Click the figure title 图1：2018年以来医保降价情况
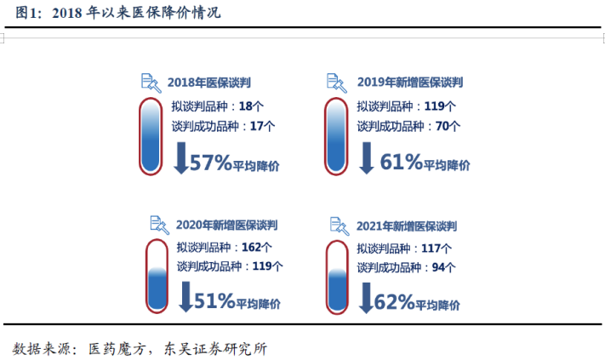tap(117, 13)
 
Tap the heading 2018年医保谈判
tap(208, 83)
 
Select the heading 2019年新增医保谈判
tap(410, 83)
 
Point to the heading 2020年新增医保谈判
tap(226, 225)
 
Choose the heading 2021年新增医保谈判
tap(406, 226)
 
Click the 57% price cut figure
tap(210, 162)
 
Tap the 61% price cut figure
tap(402, 162)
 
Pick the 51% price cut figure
tap(214, 300)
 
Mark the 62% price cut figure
tap(394, 302)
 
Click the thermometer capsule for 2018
tap(151, 136)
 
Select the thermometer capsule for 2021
tap(337, 277)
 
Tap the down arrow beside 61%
tap(366, 157)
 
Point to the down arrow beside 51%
tap(186, 296)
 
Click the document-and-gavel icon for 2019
tap(336, 83)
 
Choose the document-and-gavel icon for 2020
tap(159, 225)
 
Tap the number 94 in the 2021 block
tap(438, 267)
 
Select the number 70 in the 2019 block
tap(442, 126)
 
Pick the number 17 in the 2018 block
tap(257, 126)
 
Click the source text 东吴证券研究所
tap(215, 349)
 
